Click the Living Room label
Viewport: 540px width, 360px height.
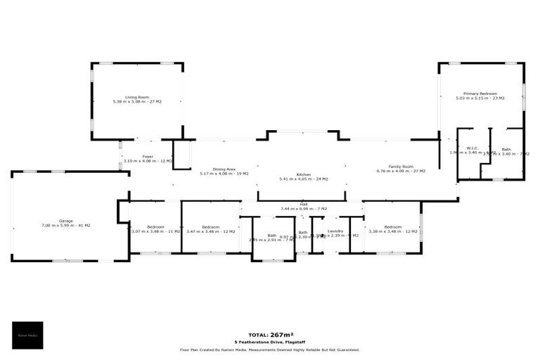[x=137, y=97]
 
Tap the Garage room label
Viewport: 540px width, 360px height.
[x=66, y=221]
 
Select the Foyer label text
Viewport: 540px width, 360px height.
[x=148, y=157]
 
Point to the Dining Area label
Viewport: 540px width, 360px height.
[x=224, y=169]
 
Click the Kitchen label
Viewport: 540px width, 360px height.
[x=303, y=174]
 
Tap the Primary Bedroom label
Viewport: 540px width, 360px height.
[x=480, y=94]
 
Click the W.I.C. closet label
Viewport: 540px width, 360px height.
[x=472, y=148]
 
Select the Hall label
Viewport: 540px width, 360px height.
[x=304, y=205]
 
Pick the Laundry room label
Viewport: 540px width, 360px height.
[x=335, y=231]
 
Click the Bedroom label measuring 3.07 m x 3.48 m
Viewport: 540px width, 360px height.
[x=155, y=226]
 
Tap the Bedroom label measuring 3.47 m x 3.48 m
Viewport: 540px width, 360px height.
[x=211, y=226]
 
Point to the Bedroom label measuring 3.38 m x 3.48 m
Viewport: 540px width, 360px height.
[x=392, y=226]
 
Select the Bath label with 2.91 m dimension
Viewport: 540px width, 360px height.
[x=271, y=236]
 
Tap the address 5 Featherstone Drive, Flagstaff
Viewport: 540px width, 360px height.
[x=269, y=342]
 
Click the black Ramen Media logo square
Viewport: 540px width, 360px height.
[x=27, y=335]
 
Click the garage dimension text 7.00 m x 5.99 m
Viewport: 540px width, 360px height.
[x=66, y=225]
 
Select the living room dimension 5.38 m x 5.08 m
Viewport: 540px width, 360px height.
[x=137, y=102]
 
